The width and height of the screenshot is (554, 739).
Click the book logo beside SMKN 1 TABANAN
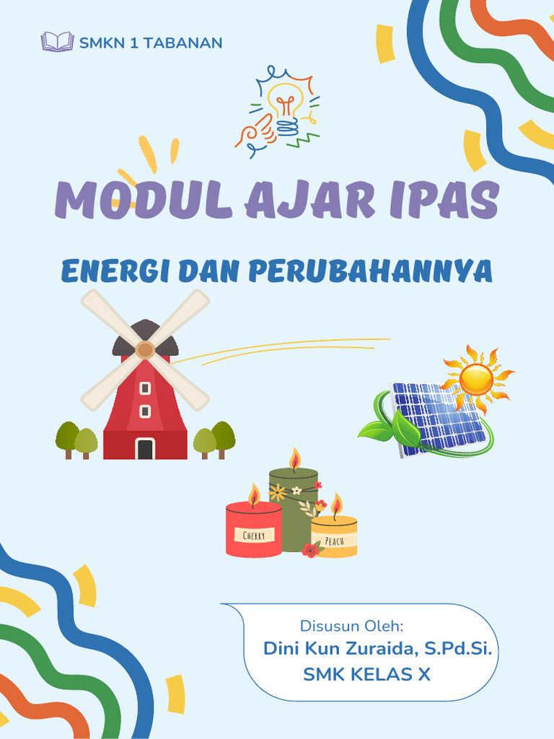pyautogui.click(x=57, y=42)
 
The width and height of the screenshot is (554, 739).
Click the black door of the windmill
pyautogui.click(x=145, y=449)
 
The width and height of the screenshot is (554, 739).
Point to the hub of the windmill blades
pyautogui.click(x=145, y=350)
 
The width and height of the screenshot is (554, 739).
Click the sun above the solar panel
pyautogui.click(x=476, y=378)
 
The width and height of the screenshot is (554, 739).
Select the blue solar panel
pyautogui.click(x=437, y=419)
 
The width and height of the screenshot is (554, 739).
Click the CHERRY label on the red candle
pyautogui.click(x=253, y=535)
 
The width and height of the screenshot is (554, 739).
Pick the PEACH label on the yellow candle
pyautogui.click(x=334, y=541)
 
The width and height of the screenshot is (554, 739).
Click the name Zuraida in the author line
pyautogui.click(x=379, y=648)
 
